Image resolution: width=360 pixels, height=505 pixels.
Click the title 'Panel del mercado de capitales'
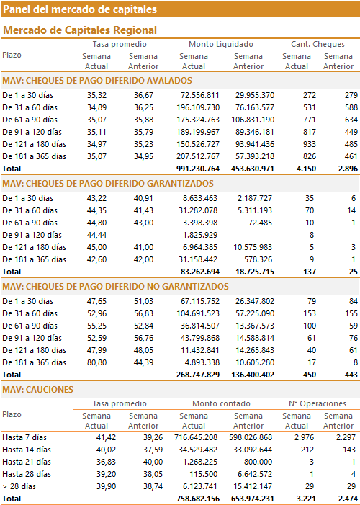point(80,9)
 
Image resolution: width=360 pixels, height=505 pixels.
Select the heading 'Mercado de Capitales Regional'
point(80,30)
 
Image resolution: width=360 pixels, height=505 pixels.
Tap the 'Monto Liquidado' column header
point(221,44)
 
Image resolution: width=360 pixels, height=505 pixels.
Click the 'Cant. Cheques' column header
point(318,44)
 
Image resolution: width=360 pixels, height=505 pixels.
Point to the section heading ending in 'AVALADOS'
point(97,81)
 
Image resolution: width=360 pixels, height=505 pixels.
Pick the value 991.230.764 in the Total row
point(198,169)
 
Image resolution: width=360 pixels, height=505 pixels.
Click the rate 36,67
point(143,95)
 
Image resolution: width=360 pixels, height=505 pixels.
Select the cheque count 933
point(310,144)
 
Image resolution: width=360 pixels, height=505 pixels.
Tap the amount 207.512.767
point(198,156)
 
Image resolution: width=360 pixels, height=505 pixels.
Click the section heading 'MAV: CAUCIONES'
point(37,390)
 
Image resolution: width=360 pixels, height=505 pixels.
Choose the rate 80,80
point(96,362)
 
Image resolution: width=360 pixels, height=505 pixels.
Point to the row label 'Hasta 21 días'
point(24,462)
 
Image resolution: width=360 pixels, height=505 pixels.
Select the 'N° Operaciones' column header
point(318,403)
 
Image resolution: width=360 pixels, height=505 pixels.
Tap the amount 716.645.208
point(196,437)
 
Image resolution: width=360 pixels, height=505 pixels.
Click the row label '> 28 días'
point(19,486)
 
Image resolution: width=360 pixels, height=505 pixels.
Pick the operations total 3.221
point(305,499)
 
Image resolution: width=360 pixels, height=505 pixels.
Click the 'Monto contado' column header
point(221,403)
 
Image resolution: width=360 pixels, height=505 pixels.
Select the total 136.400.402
point(253,375)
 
